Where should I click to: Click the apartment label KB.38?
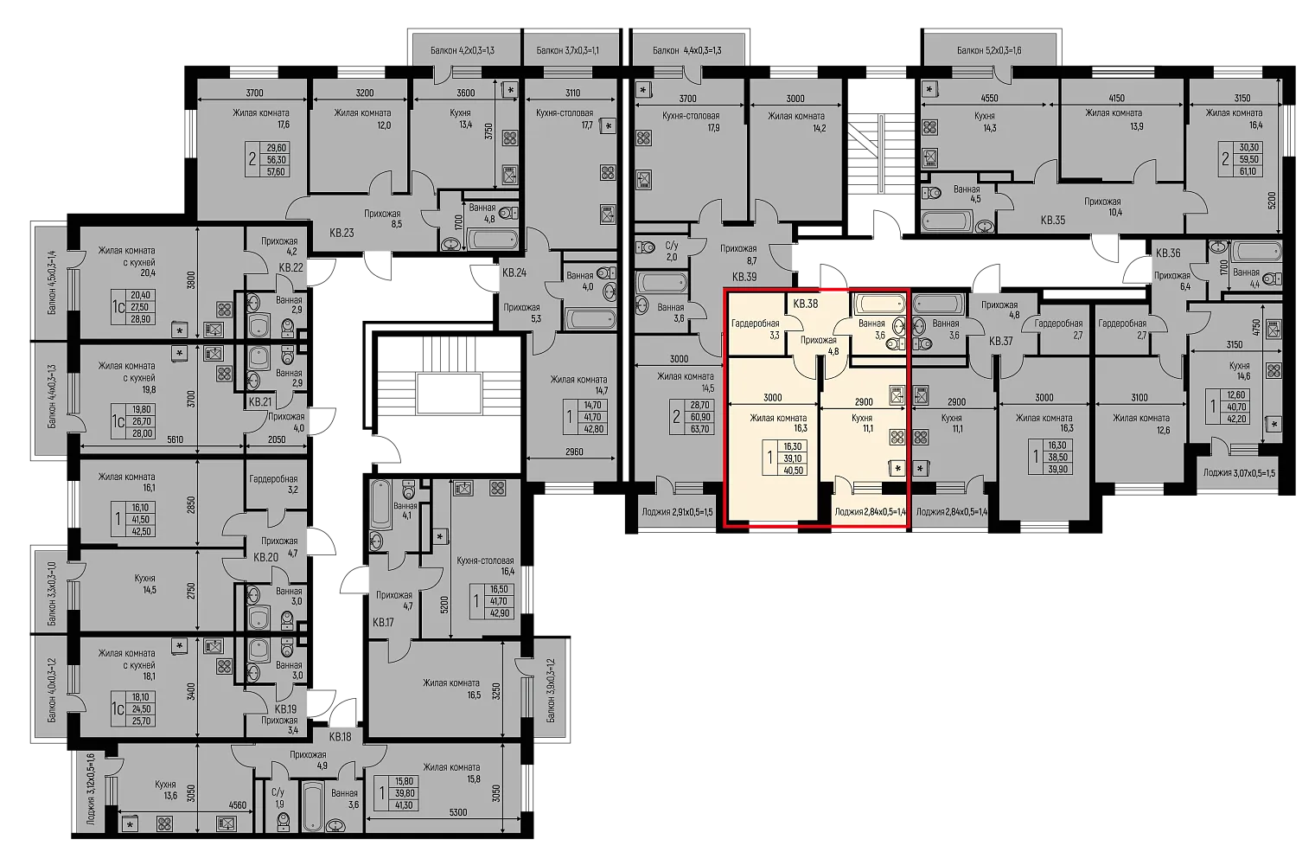[806, 304]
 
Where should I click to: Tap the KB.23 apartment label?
[342, 233]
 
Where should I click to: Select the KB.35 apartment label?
[1053, 221]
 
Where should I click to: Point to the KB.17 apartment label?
[383, 622]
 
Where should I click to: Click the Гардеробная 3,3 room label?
[756, 330]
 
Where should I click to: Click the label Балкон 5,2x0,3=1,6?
[989, 51]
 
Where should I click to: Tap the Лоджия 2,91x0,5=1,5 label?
[677, 512]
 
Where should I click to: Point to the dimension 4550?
[989, 99]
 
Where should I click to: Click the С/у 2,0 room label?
[672, 252]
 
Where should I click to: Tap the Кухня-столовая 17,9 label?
[691, 122]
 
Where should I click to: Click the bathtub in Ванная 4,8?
[492, 240]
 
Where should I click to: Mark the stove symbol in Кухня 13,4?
[509, 138]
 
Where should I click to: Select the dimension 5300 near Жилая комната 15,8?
[458, 813]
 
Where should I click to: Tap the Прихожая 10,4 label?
[1102, 207]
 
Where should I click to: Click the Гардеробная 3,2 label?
[273, 484]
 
